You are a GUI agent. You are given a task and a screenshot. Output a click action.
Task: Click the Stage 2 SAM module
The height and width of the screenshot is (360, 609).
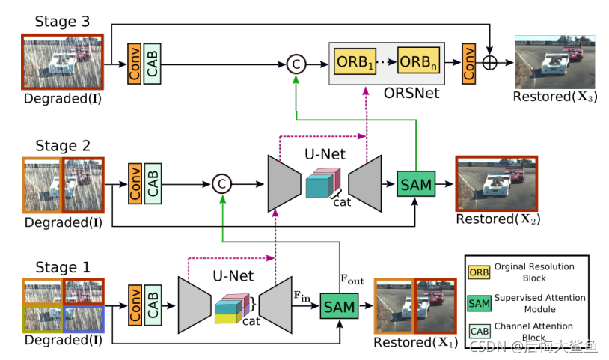click(x=415, y=183)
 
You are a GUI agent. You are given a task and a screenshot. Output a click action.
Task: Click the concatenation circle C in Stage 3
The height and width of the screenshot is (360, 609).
click(x=296, y=65)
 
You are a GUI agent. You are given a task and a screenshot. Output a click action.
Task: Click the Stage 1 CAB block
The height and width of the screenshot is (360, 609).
click(x=153, y=305)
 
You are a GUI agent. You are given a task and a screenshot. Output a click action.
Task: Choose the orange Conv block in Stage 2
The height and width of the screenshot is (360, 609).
click(x=135, y=183)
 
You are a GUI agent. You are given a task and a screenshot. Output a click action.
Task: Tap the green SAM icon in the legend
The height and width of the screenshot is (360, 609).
click(x=479, y=302)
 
